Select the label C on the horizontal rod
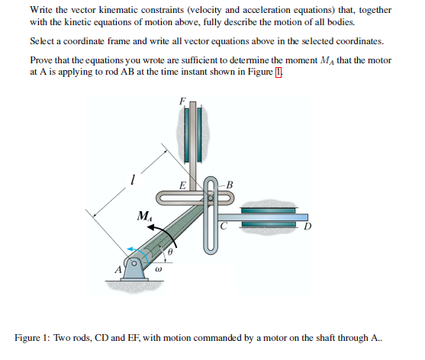pos(224,225)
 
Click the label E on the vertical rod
pos(181,185)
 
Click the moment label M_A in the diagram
pos(143,217)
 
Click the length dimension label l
pos(133,181)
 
